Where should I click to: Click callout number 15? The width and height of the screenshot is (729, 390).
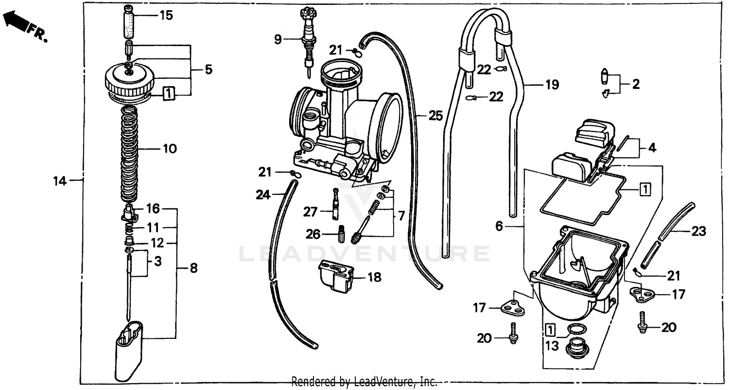(166, 16)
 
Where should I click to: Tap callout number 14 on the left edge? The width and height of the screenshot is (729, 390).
(59, 181)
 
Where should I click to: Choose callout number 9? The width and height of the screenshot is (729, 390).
(278, 39)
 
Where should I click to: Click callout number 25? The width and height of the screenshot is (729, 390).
(436, 116)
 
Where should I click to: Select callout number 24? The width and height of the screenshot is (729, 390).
(262, 195)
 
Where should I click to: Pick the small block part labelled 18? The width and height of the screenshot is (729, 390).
(335, 277)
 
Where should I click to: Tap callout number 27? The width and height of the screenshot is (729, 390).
(310, 212)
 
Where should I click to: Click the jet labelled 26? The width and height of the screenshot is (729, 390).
(341, 234)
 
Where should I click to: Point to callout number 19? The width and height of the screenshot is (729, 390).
(552, 85)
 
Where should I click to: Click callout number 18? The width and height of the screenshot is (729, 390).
(374, 278)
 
